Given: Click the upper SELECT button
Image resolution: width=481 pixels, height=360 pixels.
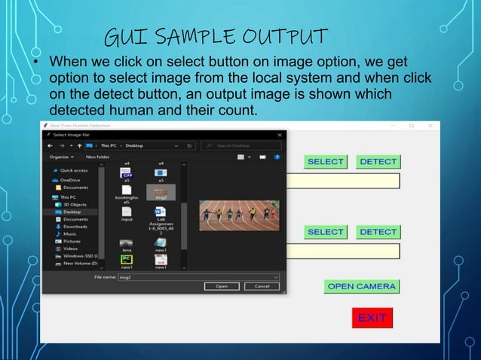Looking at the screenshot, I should (326, 161).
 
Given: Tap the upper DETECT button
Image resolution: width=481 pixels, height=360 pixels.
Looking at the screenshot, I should (378, 161).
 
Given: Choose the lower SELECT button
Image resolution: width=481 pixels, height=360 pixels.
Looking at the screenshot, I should (326, 232).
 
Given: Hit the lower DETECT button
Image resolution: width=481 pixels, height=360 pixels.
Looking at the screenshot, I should (378, 232).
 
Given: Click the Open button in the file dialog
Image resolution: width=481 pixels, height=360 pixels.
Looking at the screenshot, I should (222, 286).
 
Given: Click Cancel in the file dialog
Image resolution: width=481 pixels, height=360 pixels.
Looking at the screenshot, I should (262, 286).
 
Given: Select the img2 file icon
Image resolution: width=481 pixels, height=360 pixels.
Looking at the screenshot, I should (160, 192).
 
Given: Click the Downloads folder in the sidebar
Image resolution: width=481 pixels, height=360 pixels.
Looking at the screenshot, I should (75, 226).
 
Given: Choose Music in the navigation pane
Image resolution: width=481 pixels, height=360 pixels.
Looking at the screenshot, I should (70, 233).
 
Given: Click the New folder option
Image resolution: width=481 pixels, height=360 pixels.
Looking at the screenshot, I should (98, 157).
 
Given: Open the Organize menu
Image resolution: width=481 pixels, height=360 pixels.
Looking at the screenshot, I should (62, 157).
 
